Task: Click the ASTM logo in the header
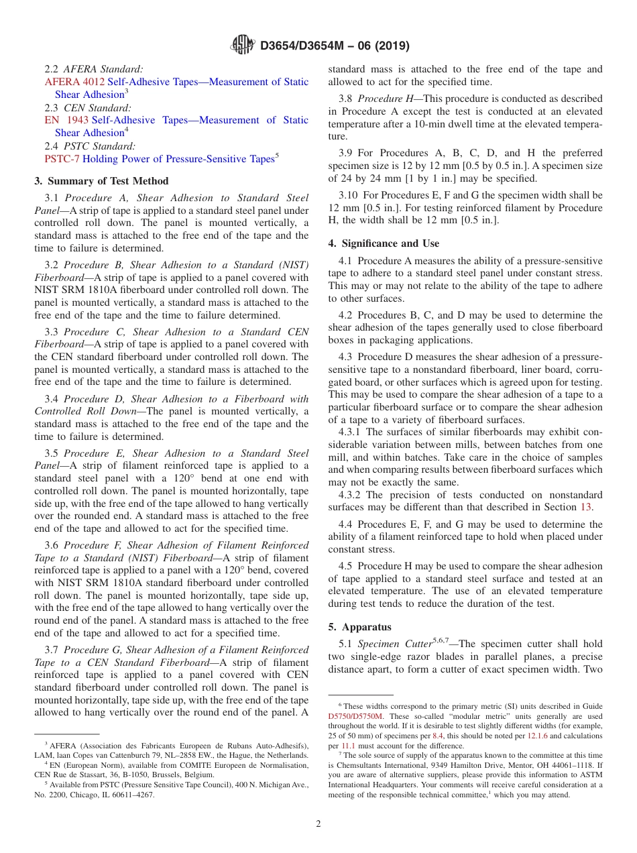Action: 242,45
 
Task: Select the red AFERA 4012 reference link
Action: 74,82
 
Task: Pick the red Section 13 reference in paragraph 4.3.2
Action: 585,507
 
